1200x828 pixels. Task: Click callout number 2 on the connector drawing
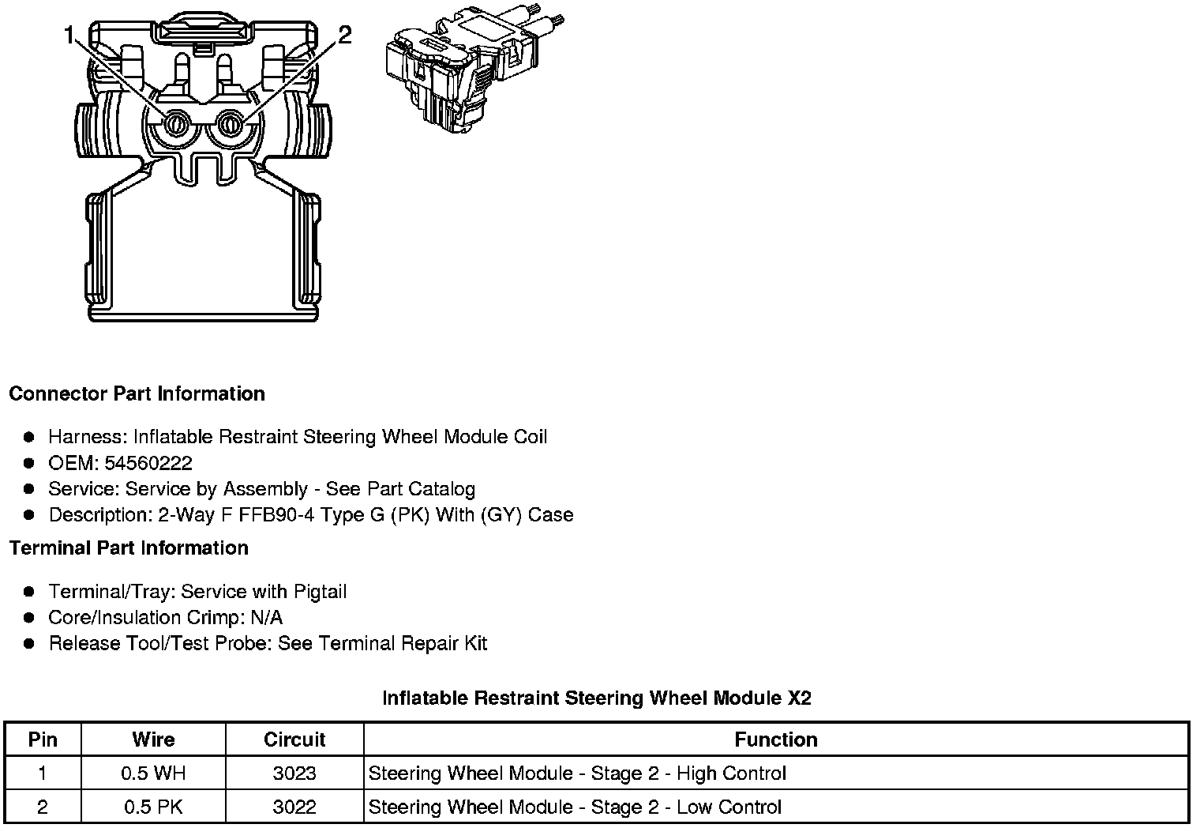click(344, 35)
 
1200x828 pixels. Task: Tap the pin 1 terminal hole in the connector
click(175, 124)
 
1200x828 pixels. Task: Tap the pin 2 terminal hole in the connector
click(231, 123)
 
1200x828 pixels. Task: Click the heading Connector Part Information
click(137, 393)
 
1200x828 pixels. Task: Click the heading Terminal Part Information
click(129, 548)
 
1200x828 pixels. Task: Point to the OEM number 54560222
click(148, 463)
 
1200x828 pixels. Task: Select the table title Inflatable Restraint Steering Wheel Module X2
click(596, 698)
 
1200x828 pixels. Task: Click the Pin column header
click(43, 740)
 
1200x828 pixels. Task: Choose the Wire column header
click(153, 740)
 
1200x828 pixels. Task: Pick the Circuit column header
click(294, 740)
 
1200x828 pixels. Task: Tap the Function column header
click(776, 740)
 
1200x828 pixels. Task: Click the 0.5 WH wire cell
click(153, 773)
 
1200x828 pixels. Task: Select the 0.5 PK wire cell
click(153, 807)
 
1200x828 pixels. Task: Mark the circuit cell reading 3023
click(294, 773)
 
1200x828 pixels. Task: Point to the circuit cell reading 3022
click(294, 807)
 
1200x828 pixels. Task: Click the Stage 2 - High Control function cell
click(577, 773)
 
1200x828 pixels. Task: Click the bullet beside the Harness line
click(29, 437)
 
